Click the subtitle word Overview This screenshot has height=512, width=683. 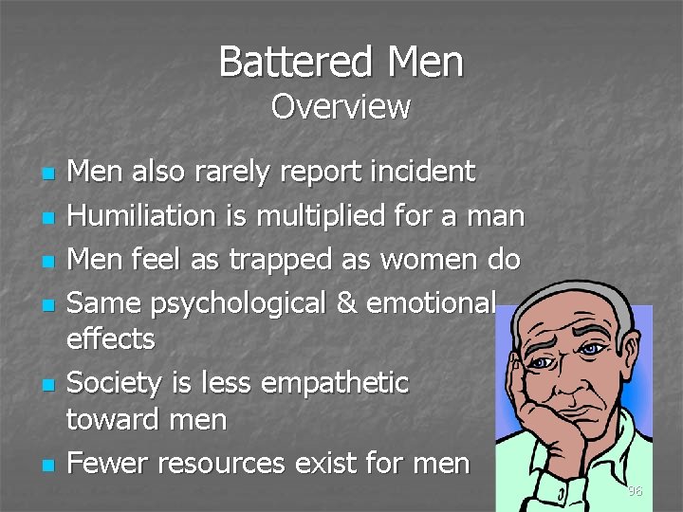[340, 107]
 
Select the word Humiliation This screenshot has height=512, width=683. [142, 216]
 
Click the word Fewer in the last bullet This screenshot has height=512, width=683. [108, 463]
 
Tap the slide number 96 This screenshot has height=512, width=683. [635, 491]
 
